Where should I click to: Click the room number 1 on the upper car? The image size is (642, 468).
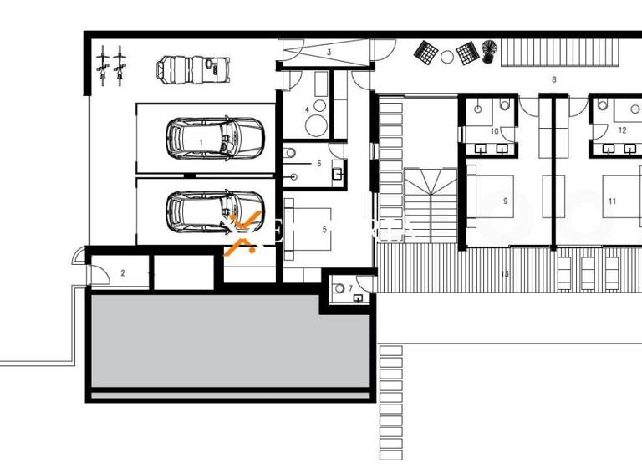coord(201,142)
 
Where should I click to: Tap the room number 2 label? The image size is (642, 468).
coord(123,272)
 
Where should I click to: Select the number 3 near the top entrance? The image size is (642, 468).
coord(329,53)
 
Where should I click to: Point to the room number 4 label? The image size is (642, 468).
coord(307,109)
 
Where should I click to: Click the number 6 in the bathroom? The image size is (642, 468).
coord(318,163)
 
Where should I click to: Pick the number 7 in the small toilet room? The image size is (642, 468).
coord(351,288)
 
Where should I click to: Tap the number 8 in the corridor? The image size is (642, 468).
coord(553,79)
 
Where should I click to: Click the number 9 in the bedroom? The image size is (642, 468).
coord(506,201)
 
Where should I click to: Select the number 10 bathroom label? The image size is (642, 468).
coord(493,131)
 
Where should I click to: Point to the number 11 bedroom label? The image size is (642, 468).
coord(612,201)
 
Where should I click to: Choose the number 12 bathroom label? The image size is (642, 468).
coord(622,130)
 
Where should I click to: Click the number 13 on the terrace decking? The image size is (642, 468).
coord(504,273)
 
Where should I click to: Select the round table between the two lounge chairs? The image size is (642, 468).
coord(446,56)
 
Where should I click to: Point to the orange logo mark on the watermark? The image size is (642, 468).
coord(242,232)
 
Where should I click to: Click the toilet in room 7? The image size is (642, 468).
coord(340,288)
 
